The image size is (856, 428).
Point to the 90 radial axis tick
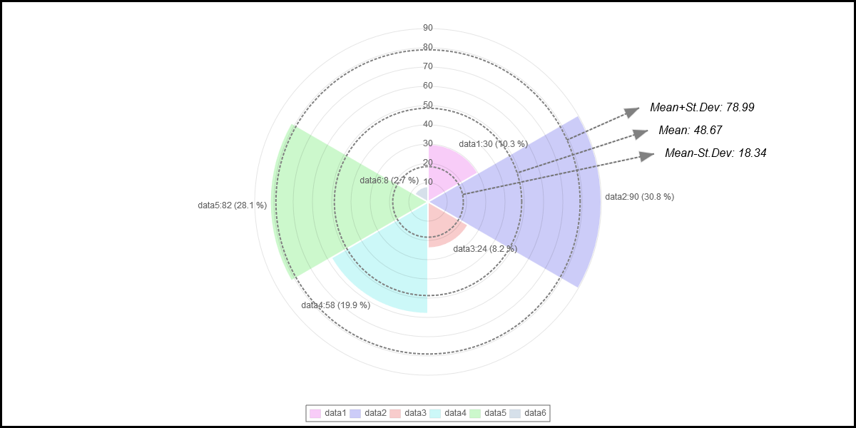click(428, 28)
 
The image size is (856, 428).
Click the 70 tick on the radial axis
click(428, 66)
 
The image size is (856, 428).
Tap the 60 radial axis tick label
click(428, 86)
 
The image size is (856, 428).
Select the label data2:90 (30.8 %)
click(639, 197)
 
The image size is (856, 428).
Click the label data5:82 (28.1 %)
click(233, 205)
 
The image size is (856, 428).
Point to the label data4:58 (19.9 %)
click(335, 305)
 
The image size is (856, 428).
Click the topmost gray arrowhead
click(632, 111)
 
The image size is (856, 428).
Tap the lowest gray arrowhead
click(647, 156)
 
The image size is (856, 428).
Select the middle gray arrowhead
click(641, 133)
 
